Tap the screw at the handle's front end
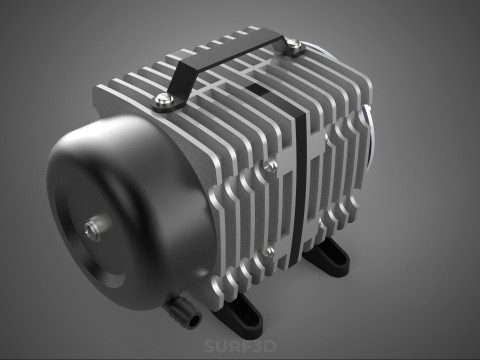point(161,98)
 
